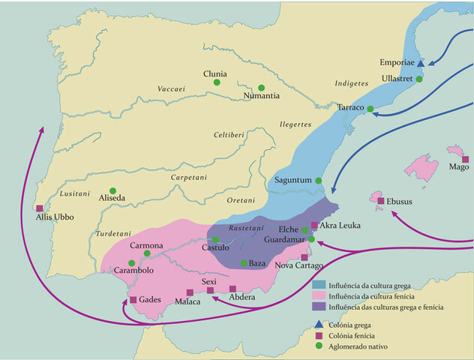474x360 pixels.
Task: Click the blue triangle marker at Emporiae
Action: [x=421, y=64]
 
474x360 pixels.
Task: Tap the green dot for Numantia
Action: [x=261, y=87]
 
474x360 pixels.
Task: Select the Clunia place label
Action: [x=214, y=73]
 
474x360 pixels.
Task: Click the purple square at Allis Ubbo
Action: [x=39, y=208]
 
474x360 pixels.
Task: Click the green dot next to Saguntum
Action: [x=318, y=181]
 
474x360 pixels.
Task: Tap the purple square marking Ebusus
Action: [x=380, y=201]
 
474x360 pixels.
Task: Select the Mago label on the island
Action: [x=458, y=167]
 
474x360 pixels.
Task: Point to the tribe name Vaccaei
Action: [x=171, y=89]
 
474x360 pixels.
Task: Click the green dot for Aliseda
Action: [x=112, y=190]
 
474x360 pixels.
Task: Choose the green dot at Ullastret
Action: [x=420, y=79]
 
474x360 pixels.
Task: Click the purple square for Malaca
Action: [x=188, y=292]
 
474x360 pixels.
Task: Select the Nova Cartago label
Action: [x=299, y=266]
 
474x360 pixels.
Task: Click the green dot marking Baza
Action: [x=243, y=263]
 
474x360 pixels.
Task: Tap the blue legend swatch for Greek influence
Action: [x=317, y=286]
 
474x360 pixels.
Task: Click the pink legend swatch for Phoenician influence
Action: [x=317, y=296]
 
